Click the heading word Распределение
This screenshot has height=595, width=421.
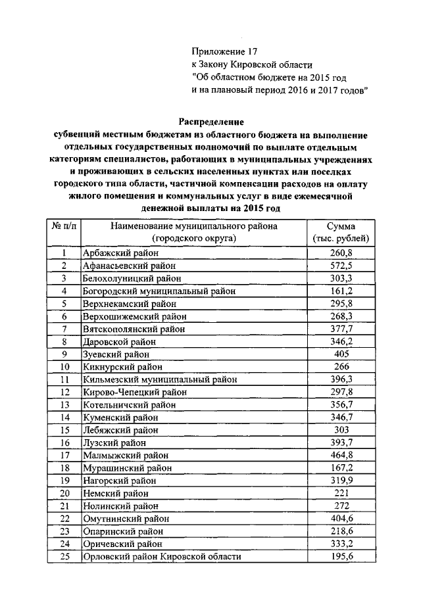(212, 122)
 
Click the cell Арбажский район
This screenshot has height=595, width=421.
(116, 252)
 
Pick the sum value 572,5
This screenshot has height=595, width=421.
(341, 265)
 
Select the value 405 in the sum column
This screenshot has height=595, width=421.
(341, 354)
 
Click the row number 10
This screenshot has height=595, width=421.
(64, 366)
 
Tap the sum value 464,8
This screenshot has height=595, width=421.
(341, 455)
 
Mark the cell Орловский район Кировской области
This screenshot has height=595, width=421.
(161, 557)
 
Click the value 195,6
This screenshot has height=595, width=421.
(341, 557)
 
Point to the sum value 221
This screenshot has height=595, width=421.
(341, 493)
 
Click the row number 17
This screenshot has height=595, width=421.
(64, 455)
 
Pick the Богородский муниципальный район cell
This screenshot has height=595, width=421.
(158, 291)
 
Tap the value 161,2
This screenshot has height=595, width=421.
(341, 291)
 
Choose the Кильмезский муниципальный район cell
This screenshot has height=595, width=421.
(159, 379)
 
